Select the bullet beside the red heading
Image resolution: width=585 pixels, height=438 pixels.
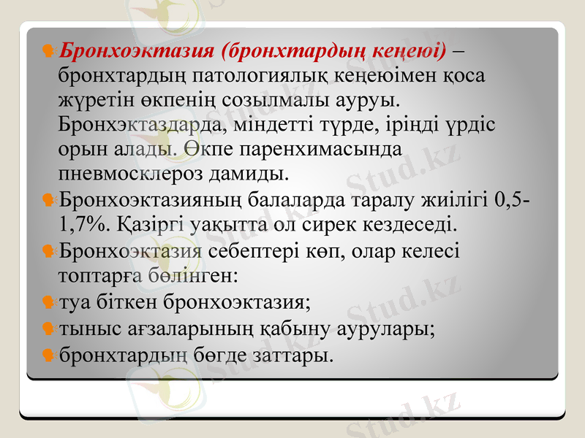(x=48, y=51)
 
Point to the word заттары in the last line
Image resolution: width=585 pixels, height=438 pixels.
(x=290, y=356)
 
